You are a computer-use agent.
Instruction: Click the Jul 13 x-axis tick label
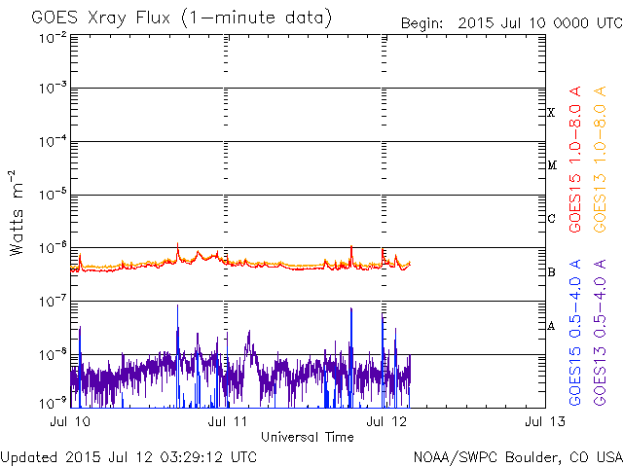(538, 421)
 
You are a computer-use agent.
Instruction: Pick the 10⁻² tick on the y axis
(53, 37)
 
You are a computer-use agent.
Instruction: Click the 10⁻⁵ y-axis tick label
(53, 195)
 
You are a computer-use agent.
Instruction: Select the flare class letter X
(552, 113)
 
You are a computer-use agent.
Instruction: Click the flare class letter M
(552, 165)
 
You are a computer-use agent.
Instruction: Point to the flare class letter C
(552, 219)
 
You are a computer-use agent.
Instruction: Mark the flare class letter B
(552, 272)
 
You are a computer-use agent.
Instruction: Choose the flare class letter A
(552, 326)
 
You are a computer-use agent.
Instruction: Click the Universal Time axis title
(307, 437)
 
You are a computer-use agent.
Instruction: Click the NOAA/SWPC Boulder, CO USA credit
(517, 456)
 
